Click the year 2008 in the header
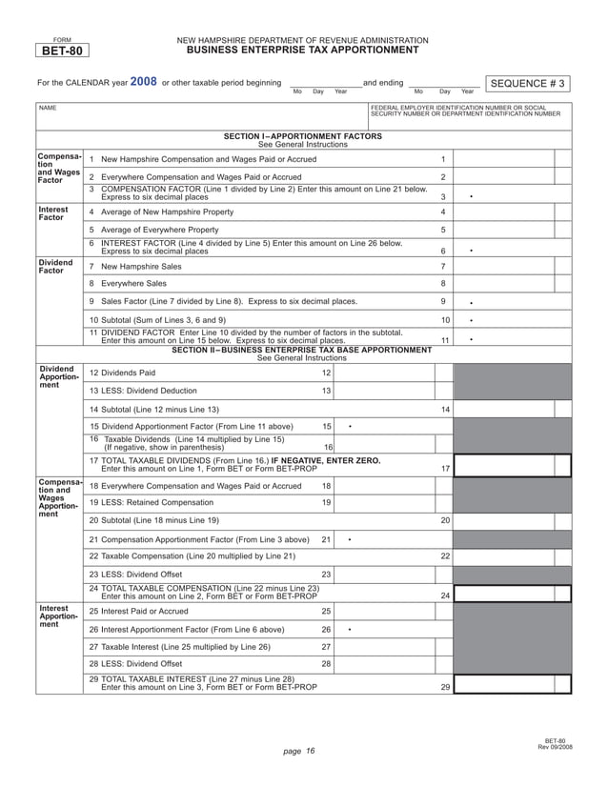coord(143,82)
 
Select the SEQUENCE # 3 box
coord(527,84)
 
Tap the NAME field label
coord(46,109)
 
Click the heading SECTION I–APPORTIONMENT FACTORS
coord(302,136)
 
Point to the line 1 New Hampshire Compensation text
coord(209,158)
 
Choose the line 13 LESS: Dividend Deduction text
coord(149,391)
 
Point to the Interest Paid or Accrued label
coord(144,611)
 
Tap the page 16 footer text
coord(299,752)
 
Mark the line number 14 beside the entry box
coord(445,409)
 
